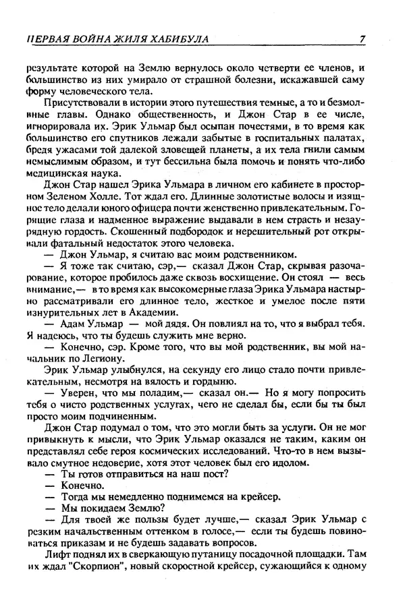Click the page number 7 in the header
(362, 39)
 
